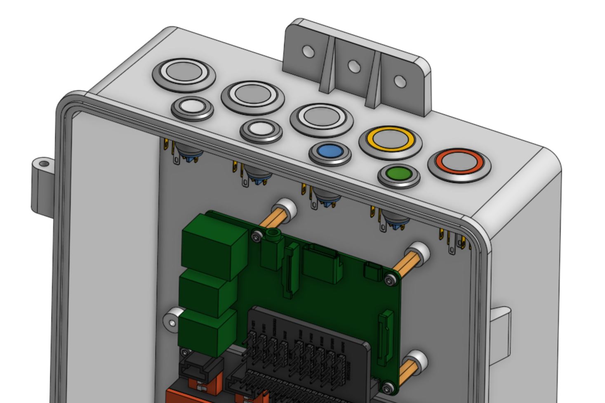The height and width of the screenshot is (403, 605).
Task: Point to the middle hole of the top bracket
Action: pyautogui.click(x=353, y=66)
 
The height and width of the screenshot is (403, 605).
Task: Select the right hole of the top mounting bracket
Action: pyautogui.click(x=399, y=81)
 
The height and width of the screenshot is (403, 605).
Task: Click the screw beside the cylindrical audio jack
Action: pyautogui.click(x=257, y=236)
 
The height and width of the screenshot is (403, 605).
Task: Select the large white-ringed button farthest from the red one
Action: pyautogui.click(x=184, y=73)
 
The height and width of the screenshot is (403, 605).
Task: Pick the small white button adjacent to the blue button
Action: pyautogui.click(x=261, y=130)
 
